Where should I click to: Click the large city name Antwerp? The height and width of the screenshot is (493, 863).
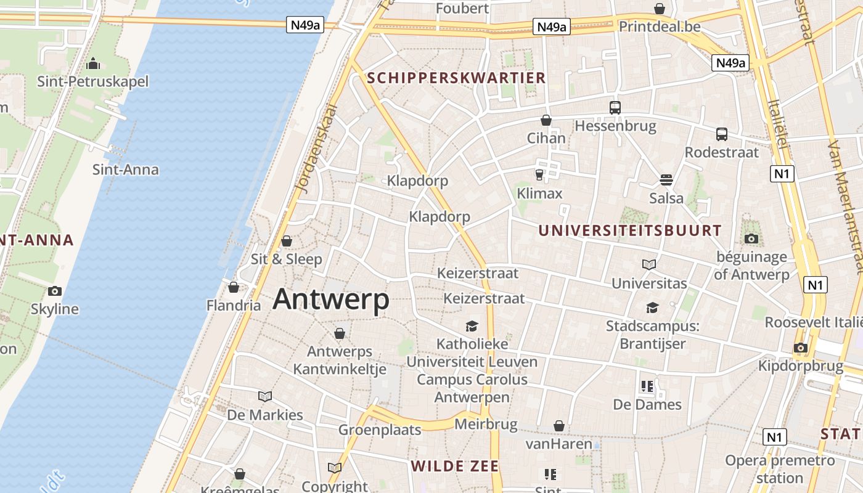click(331, 299)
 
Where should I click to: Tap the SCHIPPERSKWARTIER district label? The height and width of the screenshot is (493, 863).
click(456, 78)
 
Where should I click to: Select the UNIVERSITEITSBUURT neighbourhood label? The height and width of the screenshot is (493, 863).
click(629, 231)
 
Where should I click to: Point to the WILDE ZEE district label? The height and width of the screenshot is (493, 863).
click(455, 466)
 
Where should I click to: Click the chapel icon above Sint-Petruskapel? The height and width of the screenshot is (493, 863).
click(93, 63)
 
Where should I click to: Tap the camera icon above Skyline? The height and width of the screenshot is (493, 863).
click(55, 291)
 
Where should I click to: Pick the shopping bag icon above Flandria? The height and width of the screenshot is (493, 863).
click(234, 287)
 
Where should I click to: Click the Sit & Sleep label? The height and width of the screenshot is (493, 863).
click(287, 259)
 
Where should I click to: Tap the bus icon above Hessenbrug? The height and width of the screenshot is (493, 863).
click(615, 108)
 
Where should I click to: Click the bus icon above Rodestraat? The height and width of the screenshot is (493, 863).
click(721, 134)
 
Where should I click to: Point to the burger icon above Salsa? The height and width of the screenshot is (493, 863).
click(666, 180)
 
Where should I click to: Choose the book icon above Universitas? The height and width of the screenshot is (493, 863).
click(648, 264)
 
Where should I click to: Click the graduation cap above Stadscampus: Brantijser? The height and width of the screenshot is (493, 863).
click(652, 308)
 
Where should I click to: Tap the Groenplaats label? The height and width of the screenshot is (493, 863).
click(380, 430)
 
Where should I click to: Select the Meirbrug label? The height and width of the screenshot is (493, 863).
click(486, 424)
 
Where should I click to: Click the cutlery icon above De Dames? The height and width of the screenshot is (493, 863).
click(647, 386)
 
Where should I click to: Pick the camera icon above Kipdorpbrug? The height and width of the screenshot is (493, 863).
click(800, 348)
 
